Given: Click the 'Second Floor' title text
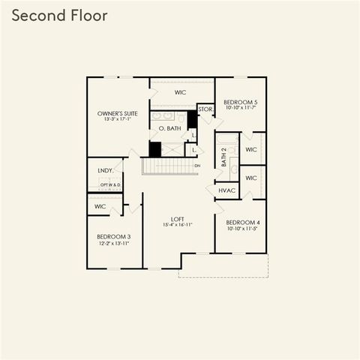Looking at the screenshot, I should tap(59, 15).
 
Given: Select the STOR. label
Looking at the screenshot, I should tap(205, 109).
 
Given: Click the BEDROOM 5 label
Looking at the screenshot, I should tap(241, 100).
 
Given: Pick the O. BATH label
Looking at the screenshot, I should tap(170, 128).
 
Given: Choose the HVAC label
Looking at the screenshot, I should tap(227, 190).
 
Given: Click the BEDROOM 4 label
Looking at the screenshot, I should tap(242, 222).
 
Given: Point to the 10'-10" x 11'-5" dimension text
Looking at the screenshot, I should tap(242, 229).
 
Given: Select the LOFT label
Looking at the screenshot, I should tap(178, 219).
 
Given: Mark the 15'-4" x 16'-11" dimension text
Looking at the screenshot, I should tap(178, 225).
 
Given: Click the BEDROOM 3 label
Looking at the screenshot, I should tap(113, 237).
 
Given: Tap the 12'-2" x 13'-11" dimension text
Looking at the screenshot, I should tap(113, 244).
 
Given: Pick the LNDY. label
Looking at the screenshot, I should tap(105, 170).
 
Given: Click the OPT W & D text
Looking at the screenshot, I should tap(110, 184).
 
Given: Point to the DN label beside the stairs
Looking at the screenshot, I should tap(197, 165).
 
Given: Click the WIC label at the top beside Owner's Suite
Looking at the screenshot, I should tap(180, 92).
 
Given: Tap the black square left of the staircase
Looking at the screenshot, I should tap(154, 149).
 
